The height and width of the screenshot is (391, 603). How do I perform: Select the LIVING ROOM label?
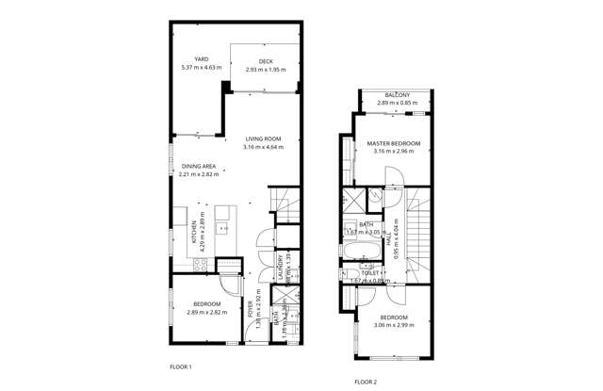[263, 139]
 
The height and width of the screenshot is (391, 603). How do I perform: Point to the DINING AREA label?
[198, 166]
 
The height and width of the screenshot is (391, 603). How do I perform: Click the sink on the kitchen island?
[223, 226]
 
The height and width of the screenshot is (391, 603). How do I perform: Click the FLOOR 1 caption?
[180, 366]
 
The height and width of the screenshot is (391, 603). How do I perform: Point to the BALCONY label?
[397, 94]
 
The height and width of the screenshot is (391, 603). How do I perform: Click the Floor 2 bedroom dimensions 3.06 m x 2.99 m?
[395, 325]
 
